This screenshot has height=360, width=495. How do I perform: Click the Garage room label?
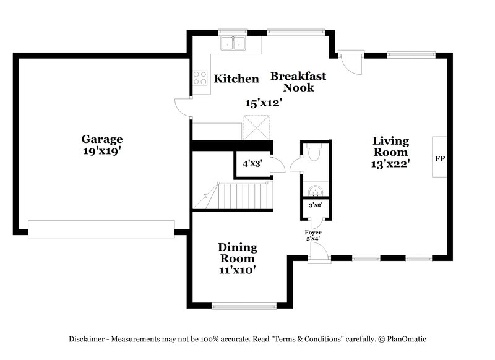click(101, 139)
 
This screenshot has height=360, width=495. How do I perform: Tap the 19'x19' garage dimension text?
click(101, 151)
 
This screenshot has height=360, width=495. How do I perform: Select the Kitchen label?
click(236, 79)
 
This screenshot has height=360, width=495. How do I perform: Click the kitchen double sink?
click(233, 43)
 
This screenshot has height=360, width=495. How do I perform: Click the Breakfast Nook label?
click(298, 82)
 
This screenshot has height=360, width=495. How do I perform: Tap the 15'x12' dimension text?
click(264, 103)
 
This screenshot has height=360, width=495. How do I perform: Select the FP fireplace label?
click(440, 159)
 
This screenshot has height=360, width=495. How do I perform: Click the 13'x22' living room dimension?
click(390, 164)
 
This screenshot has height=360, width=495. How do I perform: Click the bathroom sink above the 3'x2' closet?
click(316, 189)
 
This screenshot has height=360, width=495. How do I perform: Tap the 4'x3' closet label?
click(252, 164)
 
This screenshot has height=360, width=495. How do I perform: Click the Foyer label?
click(312, 232)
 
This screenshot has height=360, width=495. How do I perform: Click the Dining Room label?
click(237, 252)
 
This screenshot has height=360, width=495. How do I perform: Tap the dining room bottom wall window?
click(244, 305)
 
